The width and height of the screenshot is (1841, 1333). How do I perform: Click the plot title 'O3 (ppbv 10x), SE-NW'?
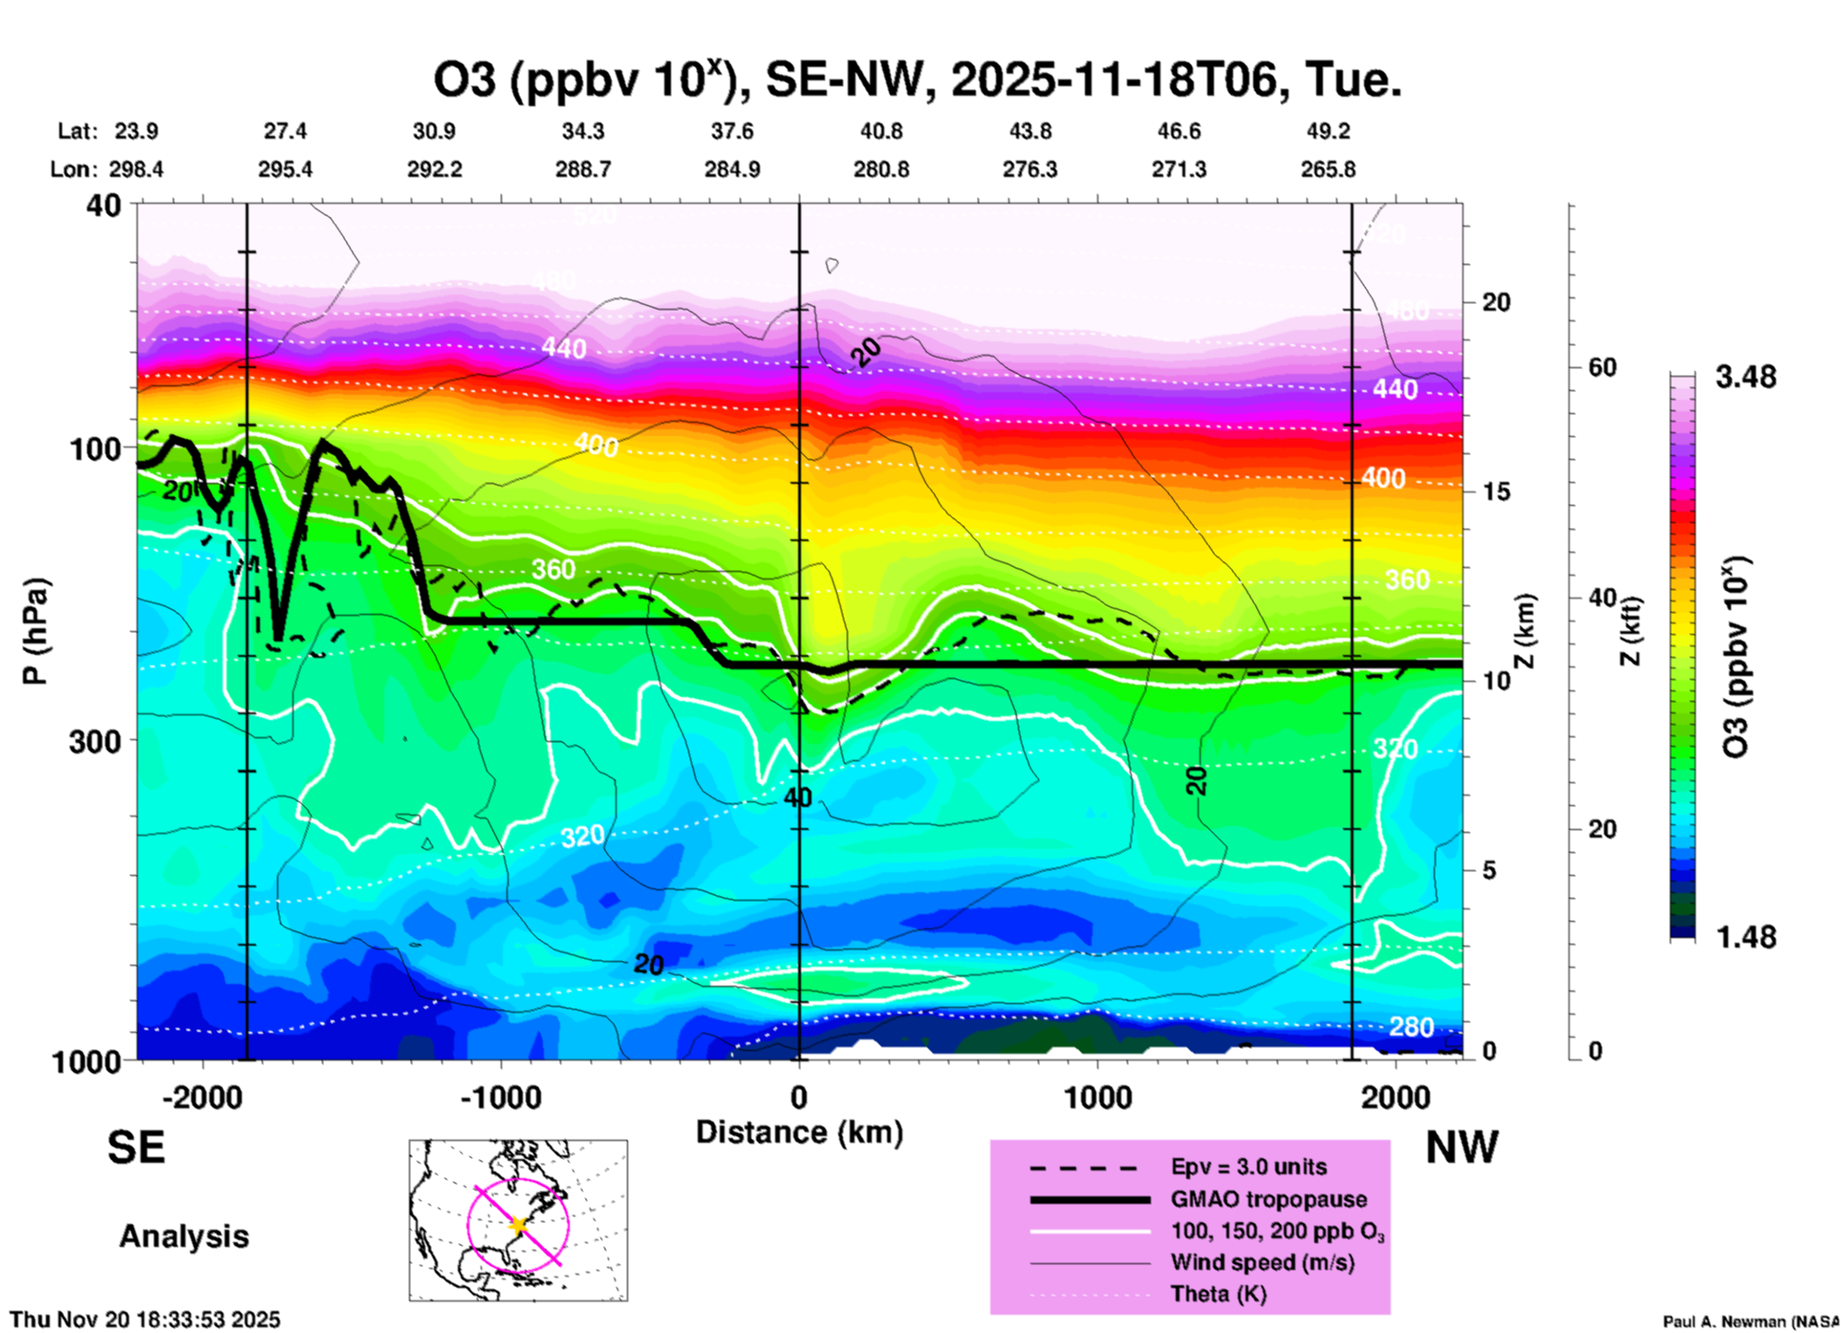click(918, 80)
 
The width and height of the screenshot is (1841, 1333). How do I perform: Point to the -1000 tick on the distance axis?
click(501, 1098)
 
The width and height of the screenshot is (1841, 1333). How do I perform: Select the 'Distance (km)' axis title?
click(799, 1132)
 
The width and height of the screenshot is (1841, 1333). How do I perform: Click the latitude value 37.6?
click(732, 131)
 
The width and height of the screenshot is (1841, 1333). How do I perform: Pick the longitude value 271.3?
click(1179, 169)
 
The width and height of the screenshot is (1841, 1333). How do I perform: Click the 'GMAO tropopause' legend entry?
click(1268, 1199)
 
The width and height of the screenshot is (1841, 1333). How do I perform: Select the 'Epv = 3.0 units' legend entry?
click(1248, 1167)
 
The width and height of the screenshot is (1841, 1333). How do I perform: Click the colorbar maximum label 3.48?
click(1745, 378)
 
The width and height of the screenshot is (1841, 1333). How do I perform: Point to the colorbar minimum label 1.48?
click(1745, 937)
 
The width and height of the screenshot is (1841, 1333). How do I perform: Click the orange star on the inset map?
click(519, 1224)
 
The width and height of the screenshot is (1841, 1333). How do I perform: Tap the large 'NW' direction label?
click(1462, 1147)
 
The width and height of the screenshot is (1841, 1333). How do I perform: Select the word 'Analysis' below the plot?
click(184, 1236)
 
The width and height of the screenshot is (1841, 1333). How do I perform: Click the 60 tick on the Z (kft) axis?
click(1602, 367)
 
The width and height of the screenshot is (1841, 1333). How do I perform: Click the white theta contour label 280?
click(1411, 1027)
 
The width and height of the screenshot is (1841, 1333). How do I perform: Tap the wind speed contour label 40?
click(797, 797)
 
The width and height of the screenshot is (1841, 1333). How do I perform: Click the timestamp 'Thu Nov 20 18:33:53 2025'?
click(145, 1320)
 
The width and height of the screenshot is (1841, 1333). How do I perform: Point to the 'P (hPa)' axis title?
click(34, 631)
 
